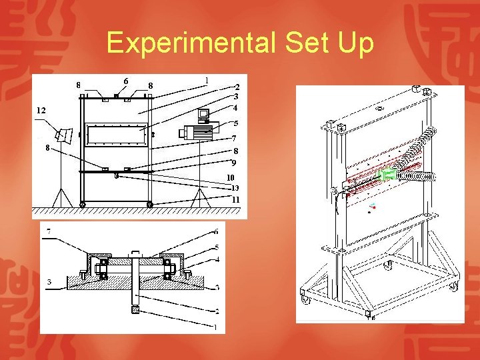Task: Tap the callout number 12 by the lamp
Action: [x=41, y=109]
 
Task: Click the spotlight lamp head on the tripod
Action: [x=65, y=135]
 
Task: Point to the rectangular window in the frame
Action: [x=115, y=135]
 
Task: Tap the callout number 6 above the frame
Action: [x=126, y=81]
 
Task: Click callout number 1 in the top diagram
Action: [x=207, y=81]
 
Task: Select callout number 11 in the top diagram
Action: [x=235, y=199]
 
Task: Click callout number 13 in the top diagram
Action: [x=235, y=188]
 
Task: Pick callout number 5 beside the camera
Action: [x=235, y=123]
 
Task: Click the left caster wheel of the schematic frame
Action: [x=83, y=204]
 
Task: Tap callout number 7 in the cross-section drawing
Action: [x=48, y=231]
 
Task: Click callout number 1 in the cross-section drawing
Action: [x=215, y=327]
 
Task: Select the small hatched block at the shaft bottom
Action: [x=135, y=310]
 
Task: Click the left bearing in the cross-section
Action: [x=103, y=269]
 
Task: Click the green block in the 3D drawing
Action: [x=386, y=175]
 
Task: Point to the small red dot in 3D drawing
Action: [x=374, y=207]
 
